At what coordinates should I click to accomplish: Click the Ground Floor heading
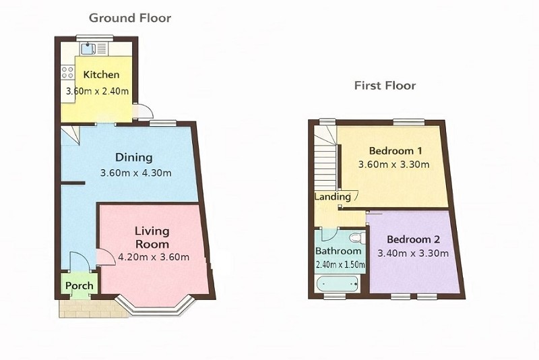(x=130, y=18)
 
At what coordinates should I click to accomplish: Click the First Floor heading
(x=385, y=85)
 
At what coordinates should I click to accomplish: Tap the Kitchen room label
(x=102, y=75)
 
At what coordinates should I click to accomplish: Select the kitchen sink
(x=88, y=49)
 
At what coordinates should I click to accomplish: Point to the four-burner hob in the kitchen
(x=67, y=72)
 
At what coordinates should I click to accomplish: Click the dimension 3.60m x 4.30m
(x=136, y=173)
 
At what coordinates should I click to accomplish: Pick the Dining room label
(x=133, y=158)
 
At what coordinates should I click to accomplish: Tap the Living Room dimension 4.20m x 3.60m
(x=154, y=257)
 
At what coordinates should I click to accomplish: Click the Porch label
(x=79, y=286)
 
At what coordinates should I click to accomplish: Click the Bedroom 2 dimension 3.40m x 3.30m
(x=413, y=253)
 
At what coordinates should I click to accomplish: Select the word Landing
(x=332, y=197)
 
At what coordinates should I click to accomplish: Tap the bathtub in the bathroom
(x=338, y=284)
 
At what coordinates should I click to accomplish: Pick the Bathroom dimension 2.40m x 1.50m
(x=340, y=265)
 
